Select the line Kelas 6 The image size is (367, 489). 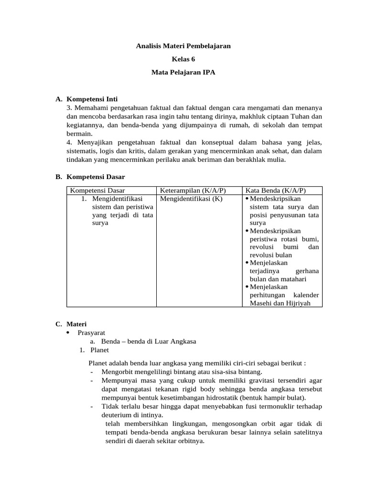183,60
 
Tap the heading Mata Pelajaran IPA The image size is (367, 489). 183,73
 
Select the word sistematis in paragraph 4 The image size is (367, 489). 82,151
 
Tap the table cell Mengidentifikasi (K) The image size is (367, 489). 191,199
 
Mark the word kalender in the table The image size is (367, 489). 306,295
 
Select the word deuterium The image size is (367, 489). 117,415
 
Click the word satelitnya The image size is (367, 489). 306,432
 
